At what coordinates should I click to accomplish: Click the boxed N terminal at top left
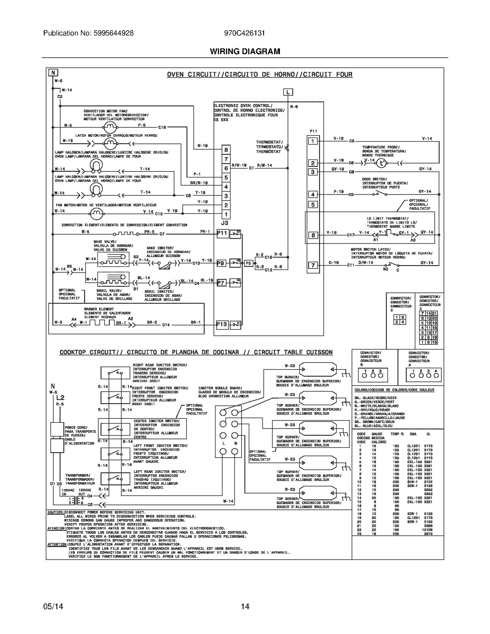[x=53, y=73]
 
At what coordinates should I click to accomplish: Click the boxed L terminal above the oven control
[x=288, y=92]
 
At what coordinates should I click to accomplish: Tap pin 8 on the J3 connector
[x=226, y=150]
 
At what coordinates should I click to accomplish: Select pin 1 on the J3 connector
[x=226, y=214]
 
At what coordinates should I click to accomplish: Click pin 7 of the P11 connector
[x=313, y=265]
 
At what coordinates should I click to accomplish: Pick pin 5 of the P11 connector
[x=313, y=204]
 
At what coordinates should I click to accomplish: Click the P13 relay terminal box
[x=222, y=324]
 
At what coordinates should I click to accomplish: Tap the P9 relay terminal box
[x=221, y=263]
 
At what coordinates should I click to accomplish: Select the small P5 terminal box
[x=248, y=263]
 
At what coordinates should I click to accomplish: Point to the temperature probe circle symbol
[x=381, y=163]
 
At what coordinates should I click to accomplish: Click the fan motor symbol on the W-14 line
[x=96, y=212]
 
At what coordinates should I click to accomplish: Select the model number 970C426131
[x=244, y=33]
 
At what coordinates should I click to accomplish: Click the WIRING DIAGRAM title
[x=245, y=51]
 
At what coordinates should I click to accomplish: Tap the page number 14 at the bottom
[x=245, y=606]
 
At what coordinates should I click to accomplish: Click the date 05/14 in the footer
[x=53, y=606]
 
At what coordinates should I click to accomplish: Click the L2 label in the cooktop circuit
[x=60, y=398]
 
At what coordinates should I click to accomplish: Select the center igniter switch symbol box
[x=115, y=429]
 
